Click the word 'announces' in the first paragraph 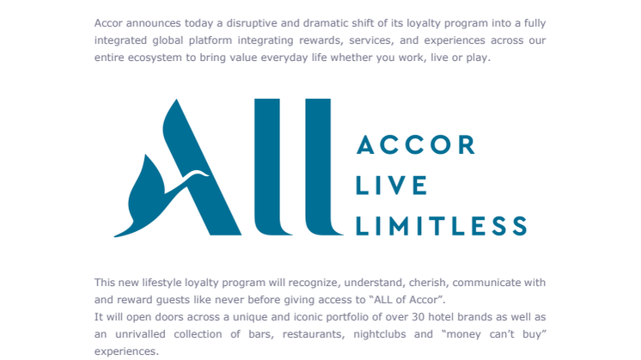153,23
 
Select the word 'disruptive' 251,24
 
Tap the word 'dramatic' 326,23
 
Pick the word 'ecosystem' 155,58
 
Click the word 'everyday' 284,58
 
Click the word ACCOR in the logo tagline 416,144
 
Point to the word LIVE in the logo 392,186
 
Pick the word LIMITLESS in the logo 442,226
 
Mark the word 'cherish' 428,283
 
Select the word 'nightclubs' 380,334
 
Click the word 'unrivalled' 140,334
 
